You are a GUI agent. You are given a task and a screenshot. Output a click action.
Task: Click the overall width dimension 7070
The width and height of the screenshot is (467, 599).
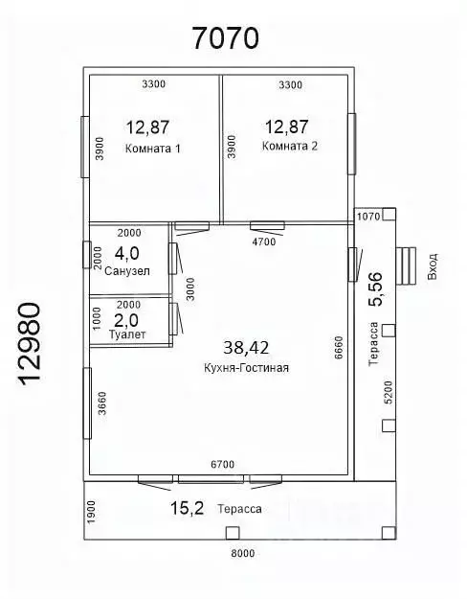[x=226, y=37]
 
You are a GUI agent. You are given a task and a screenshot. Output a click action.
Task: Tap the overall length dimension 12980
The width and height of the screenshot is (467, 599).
[x=29, y=344]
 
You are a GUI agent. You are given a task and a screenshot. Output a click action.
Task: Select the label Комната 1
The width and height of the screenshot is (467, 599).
[x=152, y=149]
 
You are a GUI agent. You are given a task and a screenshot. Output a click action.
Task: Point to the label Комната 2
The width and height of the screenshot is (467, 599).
[x=290, y=146]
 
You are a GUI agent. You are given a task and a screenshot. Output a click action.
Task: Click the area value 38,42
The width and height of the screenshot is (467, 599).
[x=246, y=347]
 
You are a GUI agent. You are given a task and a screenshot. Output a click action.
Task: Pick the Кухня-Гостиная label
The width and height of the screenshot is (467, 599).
[x=246, y=368]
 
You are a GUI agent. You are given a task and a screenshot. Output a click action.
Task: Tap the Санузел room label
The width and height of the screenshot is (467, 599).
[x=127, y=271]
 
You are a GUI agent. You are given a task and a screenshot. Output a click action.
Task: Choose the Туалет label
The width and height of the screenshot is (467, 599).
[x=127, y=334]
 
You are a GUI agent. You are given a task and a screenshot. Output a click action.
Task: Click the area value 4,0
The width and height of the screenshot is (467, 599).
[x=127, y=253]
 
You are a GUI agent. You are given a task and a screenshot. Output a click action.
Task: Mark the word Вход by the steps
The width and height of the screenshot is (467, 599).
[x=433, y=266]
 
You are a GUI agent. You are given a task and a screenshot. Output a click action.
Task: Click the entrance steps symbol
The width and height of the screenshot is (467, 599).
[x=406, y=265]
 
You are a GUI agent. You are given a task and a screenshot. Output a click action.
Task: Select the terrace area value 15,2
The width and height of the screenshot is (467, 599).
[x=187, y=508]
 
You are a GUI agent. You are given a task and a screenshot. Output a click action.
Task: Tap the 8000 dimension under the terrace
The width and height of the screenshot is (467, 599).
[x=243, y=553]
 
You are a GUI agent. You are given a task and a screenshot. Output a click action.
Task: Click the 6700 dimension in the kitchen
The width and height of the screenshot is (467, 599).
[x=223, y=465]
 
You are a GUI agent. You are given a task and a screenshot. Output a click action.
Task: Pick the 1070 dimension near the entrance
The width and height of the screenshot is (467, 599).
[x=368, y=217]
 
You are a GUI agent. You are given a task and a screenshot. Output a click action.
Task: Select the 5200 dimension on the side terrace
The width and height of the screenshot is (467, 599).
[x=388, y=392]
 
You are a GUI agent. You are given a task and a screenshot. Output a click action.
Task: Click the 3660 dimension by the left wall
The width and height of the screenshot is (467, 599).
[x=102, y=403]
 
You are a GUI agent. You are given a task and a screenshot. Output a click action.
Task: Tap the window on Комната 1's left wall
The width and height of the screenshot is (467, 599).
[x=85, y=147]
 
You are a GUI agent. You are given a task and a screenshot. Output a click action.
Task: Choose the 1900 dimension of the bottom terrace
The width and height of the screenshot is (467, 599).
[x=92, y=513]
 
